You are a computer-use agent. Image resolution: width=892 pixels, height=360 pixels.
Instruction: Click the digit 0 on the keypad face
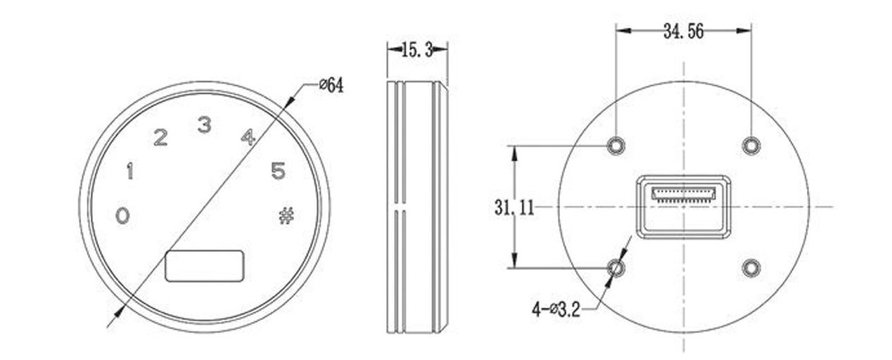click(x=122, y=216)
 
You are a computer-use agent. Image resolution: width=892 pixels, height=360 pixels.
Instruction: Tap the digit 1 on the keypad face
click(x=130, y=171)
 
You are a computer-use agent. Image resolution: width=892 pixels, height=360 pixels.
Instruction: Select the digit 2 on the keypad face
click(x=160, y=137)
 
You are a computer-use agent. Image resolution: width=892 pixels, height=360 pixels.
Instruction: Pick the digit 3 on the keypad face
click(x=204, y=124)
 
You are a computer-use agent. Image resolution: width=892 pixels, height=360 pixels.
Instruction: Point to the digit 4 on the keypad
click(x=248, y=136)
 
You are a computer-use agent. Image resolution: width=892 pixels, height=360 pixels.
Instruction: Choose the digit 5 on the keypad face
click(x=279, y=171)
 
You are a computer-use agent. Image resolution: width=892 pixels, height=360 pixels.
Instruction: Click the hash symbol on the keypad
click(x=286, y=216)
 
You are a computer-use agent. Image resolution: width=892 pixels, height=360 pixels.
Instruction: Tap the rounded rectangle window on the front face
click(x=204, y=266)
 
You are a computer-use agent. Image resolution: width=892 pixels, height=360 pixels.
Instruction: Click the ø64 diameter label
click(x=331, y=85)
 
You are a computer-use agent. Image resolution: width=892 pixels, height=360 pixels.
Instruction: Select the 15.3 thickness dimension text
click(x=417, y=50)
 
